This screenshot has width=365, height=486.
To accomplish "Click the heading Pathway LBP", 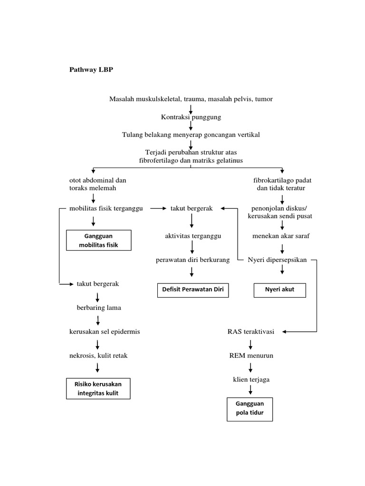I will click(91, 70).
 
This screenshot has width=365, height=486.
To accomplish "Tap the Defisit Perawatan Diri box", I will click(193, 289).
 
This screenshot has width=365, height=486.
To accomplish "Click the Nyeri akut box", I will click(279, 289).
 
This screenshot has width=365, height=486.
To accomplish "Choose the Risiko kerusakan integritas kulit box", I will click(97, 388).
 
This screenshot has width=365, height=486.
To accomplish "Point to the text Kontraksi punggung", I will click(191, 117).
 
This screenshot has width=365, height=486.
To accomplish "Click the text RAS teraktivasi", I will click(250, 331).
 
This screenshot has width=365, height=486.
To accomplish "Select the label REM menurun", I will click(250, 355).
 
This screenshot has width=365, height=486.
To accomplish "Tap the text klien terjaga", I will click(250, 379).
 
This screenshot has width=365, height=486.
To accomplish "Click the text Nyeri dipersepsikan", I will click(278, 260).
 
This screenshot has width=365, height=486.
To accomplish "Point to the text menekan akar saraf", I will click(281, 236).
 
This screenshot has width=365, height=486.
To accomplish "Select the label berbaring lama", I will click(99, 308).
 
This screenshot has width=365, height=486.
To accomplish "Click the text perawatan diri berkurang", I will click(193, 260).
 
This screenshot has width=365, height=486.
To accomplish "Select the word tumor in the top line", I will click(264, 99).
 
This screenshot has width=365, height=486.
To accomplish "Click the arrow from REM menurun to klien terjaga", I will click(250, 367).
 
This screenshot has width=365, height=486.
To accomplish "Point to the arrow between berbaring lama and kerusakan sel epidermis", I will click(97, 319).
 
